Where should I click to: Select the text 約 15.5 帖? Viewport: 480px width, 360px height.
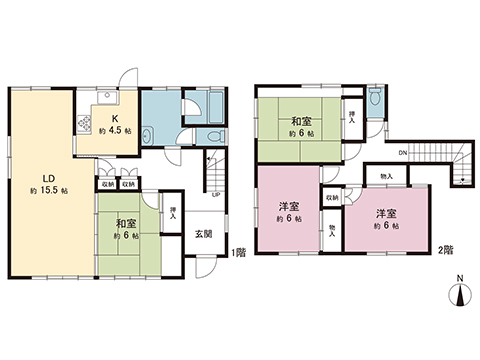point(48,189)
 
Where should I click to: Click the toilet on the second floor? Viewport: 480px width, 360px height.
point(373,98)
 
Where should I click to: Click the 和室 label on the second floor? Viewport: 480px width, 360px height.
point(300,121)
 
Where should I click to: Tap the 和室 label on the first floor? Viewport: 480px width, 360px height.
point(126,224)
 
